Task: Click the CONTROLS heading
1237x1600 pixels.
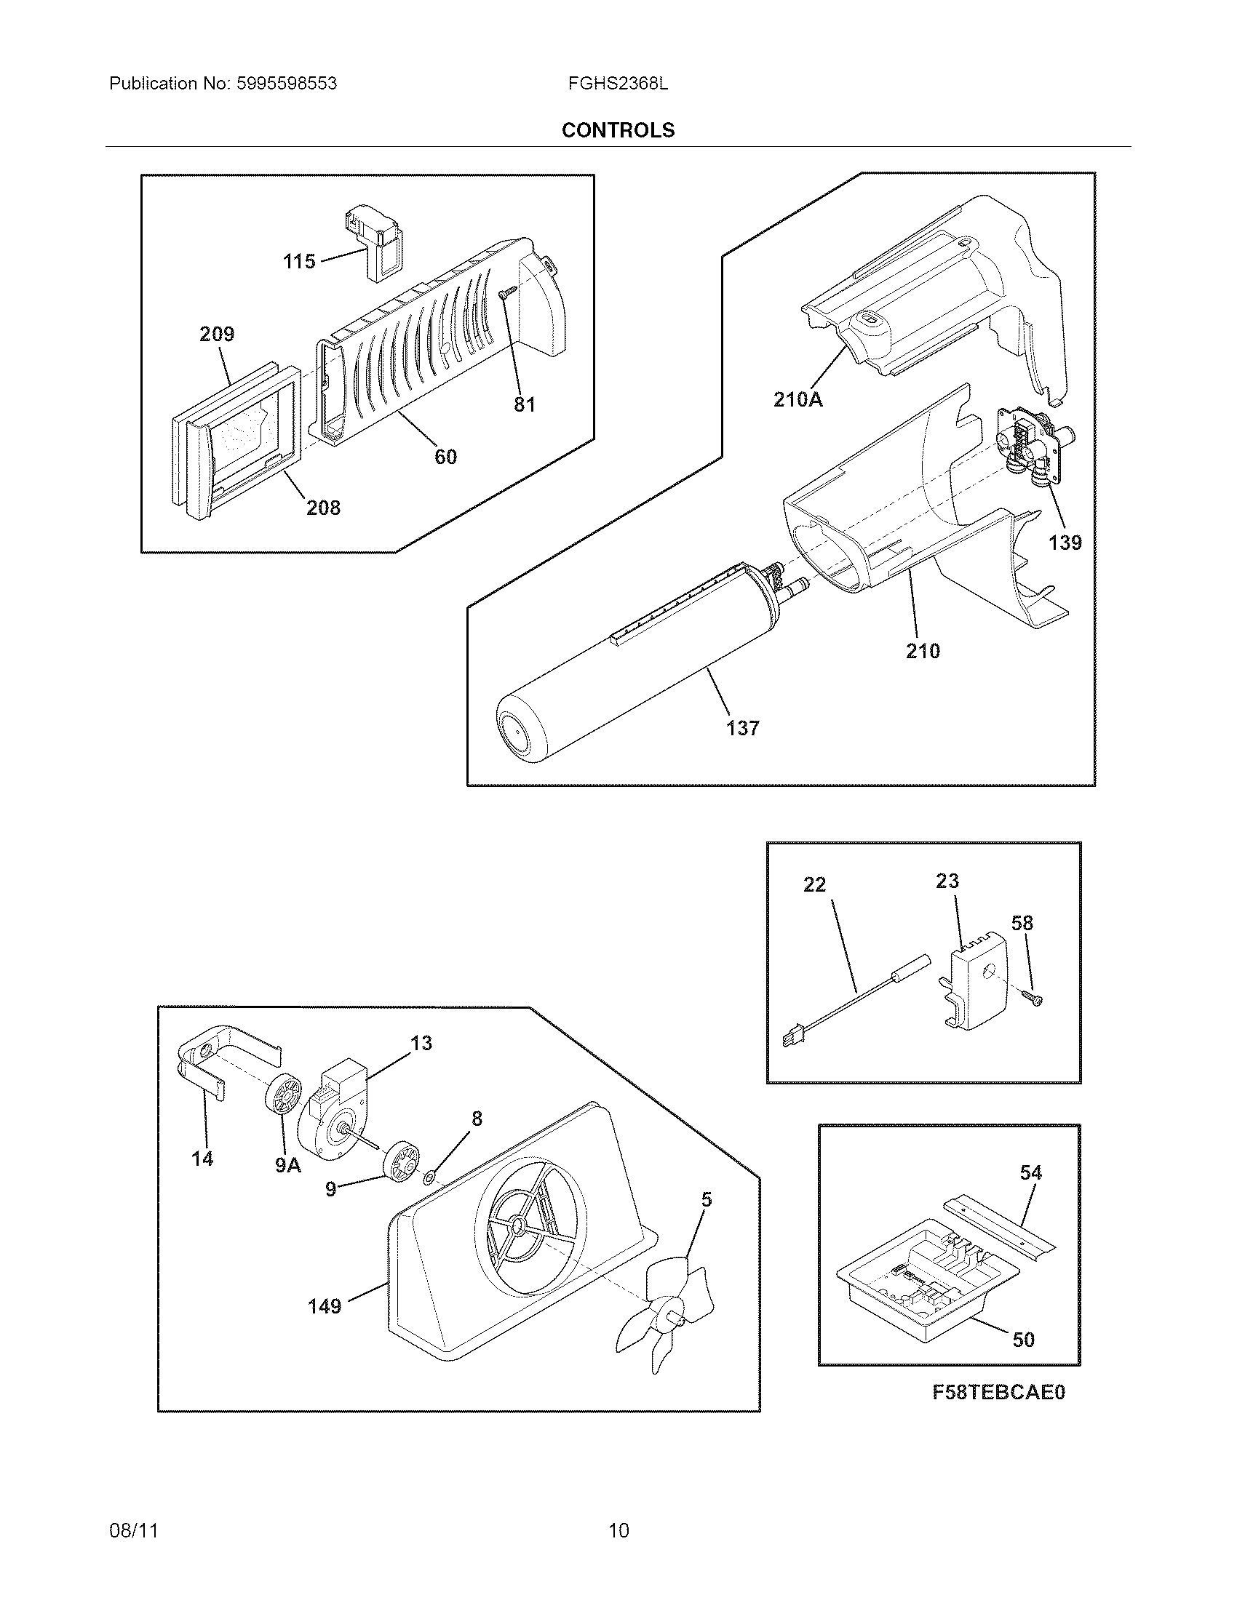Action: pyautogui.click(x=618, y=130)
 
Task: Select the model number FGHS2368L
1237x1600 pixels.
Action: pyautogui.click(x=618, y=84)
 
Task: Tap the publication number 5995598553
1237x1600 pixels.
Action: pyautogui.click(x=287, y=84)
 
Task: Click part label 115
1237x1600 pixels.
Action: pyautogui.click(x=299, y=262)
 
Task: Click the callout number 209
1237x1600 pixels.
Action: pyautogui.click(x=217, y=335)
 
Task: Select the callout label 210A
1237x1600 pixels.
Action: pyautogui.click(x=798, y=400)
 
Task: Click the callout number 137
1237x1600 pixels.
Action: pyautogui.click(x=743, y=728)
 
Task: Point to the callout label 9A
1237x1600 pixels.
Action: pyautogui.click(x=288, y=1166)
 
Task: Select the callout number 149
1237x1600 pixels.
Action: pyautogui.click(x=325, y=1305)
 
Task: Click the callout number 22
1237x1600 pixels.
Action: pyautogui.click(x=814, y=885)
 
